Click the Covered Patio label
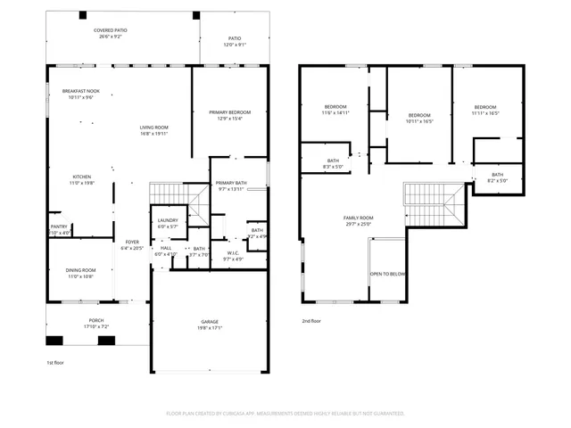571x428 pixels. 110,30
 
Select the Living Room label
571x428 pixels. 153,128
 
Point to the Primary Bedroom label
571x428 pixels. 230,111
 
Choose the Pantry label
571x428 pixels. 58,227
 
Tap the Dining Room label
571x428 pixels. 81,271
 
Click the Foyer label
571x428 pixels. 132,242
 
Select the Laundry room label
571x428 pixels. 168,221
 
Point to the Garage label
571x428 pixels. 210,322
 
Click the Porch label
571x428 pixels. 95,322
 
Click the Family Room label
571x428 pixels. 359,218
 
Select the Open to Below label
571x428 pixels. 388,275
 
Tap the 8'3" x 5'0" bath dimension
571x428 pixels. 333,166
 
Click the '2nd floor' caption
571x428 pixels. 311,321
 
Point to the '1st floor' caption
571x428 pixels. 56,363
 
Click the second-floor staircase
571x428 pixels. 433,205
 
